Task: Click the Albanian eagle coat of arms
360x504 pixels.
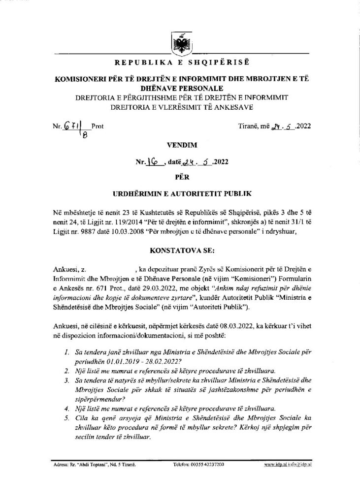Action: pos(180,42)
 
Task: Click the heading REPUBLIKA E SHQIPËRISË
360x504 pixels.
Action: pos(179,63)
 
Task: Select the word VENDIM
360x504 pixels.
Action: pos(180,146)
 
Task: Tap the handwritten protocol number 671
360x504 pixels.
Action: pos(68,126)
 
